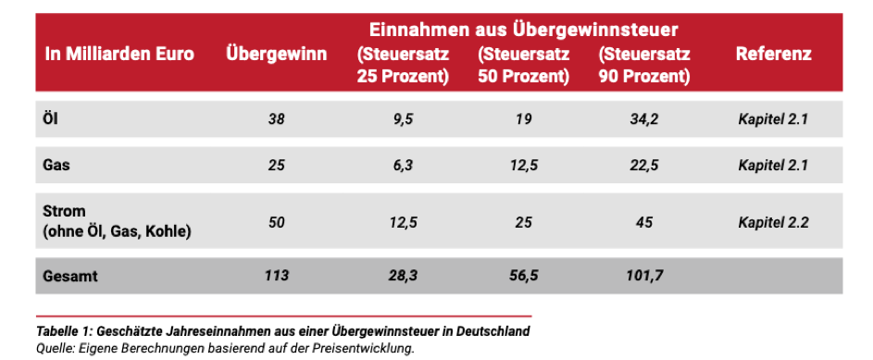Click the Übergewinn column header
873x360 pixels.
click(276, 55)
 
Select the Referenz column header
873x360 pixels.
click(773, 54)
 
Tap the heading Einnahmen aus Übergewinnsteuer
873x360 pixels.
click(523, 30)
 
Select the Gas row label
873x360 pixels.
click(56, 166)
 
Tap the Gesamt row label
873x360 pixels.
click(70, 276)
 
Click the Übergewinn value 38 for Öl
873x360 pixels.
click(277, 119)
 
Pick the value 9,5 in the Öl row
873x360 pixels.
click(404, 119)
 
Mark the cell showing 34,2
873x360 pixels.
click(644, 119)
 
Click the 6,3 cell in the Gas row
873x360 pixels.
click(404, 166)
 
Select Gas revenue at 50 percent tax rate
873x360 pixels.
click(524, 166)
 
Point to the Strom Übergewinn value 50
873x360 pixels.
click(277, 222)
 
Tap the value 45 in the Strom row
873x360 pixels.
click(644, 222)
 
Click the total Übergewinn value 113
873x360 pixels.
click(277, 276)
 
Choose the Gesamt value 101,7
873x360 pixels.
click(644, 276)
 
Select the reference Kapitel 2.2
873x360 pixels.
click(773, 222)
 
